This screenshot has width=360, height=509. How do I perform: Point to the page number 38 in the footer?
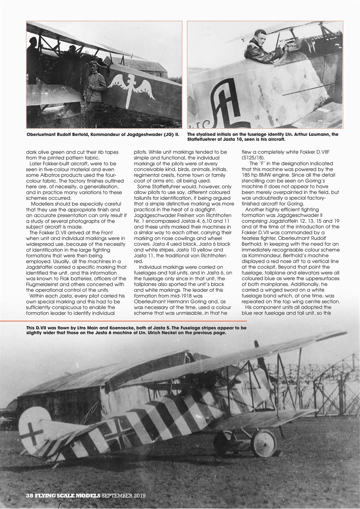pyautogui.click(x=29, y=496)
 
